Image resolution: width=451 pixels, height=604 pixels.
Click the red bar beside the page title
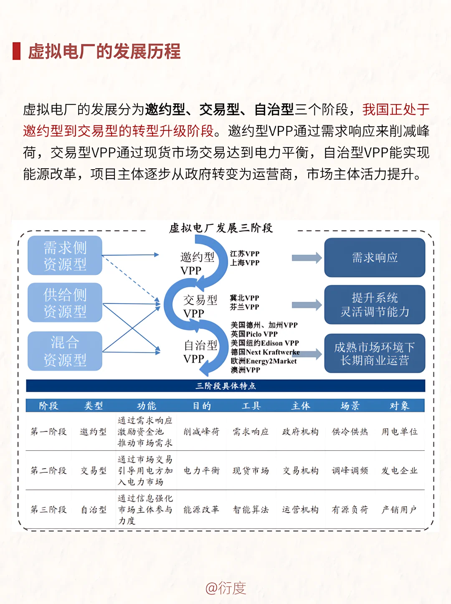coord(17,51)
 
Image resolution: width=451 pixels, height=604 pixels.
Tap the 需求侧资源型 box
coord(65,256)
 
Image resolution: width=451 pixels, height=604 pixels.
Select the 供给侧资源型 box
coord(65,303)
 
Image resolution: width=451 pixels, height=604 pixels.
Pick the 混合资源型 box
coord(65,351)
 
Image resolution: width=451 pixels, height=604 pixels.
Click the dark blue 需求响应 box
coord(375,258)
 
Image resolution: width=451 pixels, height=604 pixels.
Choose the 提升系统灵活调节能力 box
coord(375,305)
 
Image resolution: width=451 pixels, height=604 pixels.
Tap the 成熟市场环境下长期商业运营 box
coord(375,353)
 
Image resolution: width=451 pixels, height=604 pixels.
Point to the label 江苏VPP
coord(245,254)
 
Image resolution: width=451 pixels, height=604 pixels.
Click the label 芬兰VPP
coord(245,307)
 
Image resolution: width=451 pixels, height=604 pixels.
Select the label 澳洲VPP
coord(246,370)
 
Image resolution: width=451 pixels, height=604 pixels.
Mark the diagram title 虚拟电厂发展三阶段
coord(221,228)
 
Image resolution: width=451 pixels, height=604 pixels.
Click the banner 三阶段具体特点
coord(225,386)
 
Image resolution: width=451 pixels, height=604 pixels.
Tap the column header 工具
coord(251,406)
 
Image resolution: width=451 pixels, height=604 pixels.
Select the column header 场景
coord(350,406)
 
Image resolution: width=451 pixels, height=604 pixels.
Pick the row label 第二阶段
coord(48,471)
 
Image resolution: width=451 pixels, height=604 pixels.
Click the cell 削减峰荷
coord(201,431)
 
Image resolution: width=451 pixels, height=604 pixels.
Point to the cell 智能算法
coord(251,510)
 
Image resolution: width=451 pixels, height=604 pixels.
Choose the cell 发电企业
coord(399,471)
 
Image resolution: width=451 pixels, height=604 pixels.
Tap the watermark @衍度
coord(225,588)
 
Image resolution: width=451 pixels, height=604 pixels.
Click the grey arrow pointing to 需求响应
coord(307,258)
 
